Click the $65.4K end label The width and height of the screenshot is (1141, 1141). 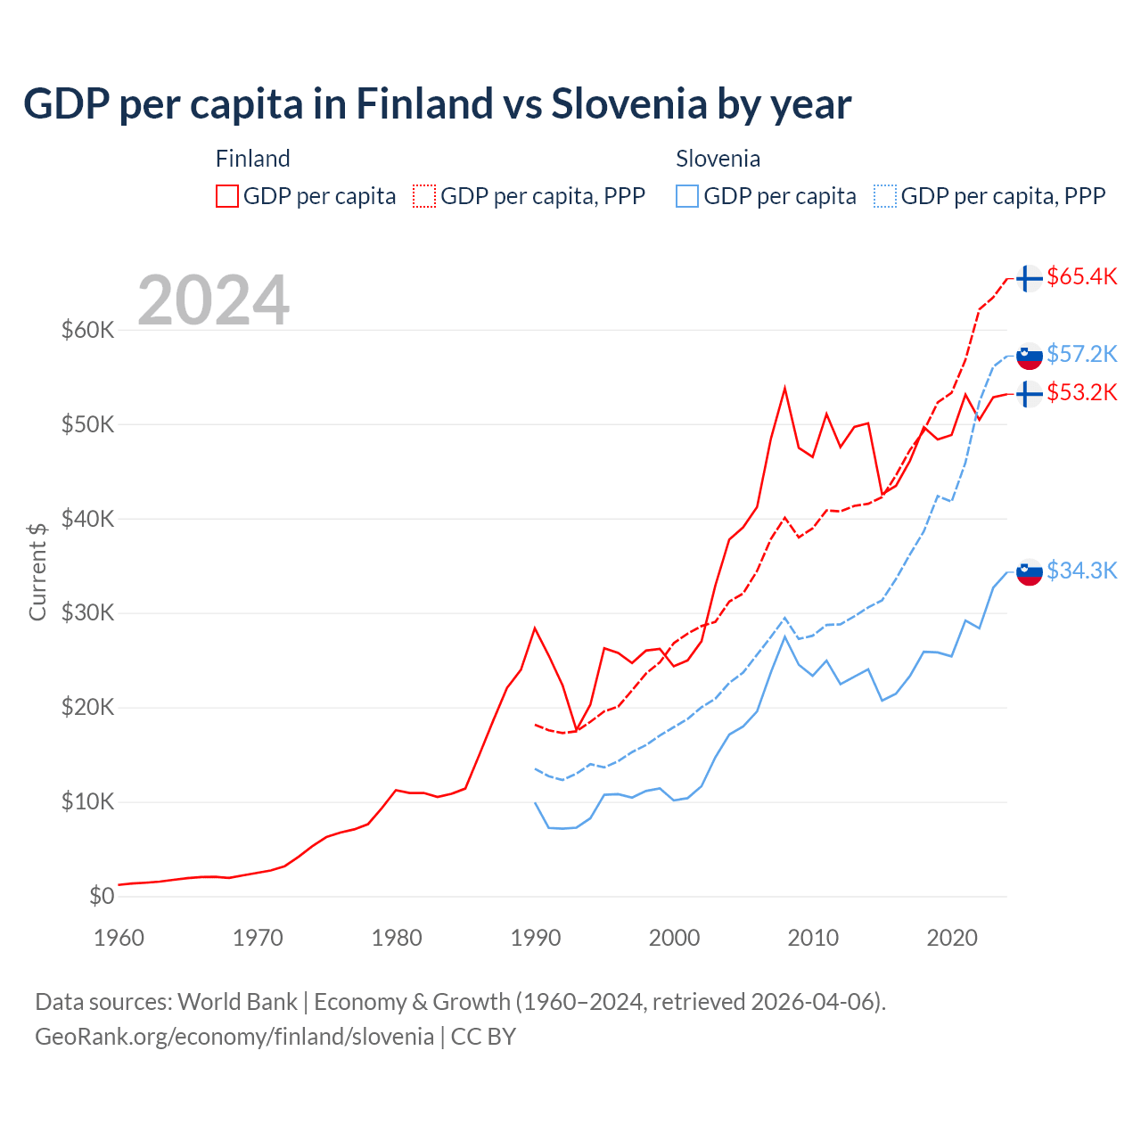coord(1081,276)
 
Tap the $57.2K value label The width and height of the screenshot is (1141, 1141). coord(1081,354)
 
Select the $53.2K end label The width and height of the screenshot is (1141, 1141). coord(1081,392)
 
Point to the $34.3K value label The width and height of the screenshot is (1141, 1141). coord(1081,570)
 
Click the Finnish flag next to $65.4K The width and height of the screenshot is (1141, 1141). coord(1030,278)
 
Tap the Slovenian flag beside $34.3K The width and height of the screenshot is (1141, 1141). coord(1030,572)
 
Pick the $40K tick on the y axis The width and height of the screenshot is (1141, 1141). coord(87,519)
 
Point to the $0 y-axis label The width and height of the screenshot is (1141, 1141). coord(102,896)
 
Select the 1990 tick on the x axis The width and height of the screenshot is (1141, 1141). coord(536,938)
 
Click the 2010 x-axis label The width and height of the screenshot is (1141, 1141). coord(813,938)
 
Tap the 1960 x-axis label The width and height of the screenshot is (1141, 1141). coord(119,938)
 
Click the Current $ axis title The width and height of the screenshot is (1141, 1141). coord(37,571)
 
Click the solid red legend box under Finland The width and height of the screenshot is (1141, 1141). coord(227,196)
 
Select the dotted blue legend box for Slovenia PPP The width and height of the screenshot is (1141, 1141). coord(885,196)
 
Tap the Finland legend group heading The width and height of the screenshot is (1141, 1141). coord(253,159)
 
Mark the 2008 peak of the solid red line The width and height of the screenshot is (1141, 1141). coord(784,389)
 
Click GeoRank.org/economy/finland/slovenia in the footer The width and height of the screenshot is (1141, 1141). coord(234,1037)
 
